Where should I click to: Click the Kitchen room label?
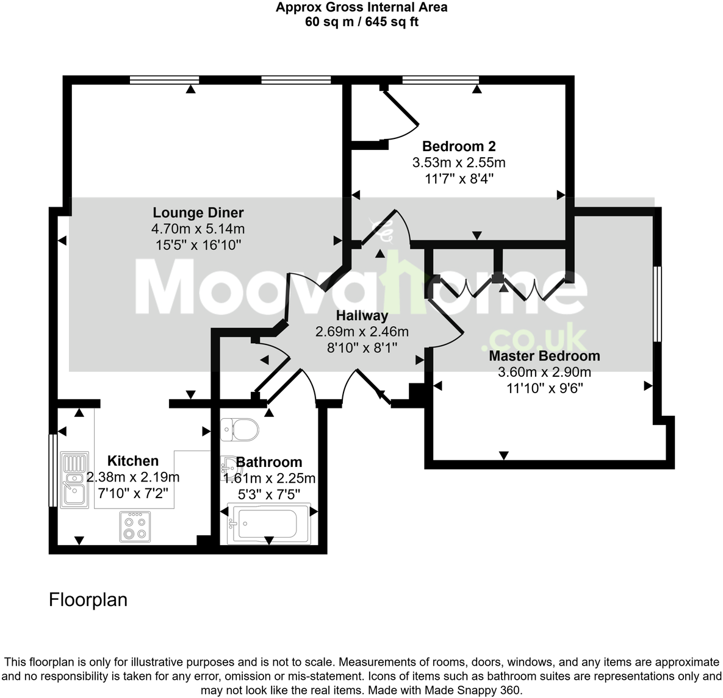pyautogui.click(x=133, y=461)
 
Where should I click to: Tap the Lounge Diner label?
pyautogui.click(x=198, y=213)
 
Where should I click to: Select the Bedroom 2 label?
pyautogui.click(x=459, y=146)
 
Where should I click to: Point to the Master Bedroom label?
pyautogui.click(x=544, y=356)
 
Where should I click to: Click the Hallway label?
pyautogui.click(x=362, y=316)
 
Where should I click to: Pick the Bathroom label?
pyautogui.click(x=269, y=462)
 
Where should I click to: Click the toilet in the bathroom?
pyautogui.click(x=239, y=430)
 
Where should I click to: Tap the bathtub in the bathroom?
pyautogui.click(x=268, y=522)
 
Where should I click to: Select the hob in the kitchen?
pyautogui.click(x=135, y=526)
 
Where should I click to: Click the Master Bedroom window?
pyautogui.click(x=657, y=303)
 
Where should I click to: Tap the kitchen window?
pyautogui.click(x=53, y=469)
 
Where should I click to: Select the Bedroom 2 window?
pyautogui.click(x=440, y=79)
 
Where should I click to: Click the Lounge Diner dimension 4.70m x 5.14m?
pyautogui.click(x=198, y=229)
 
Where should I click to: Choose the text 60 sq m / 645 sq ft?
pyautogui.click(x=361, y=22)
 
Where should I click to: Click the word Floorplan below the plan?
pyautogui.click(x=88, y=600)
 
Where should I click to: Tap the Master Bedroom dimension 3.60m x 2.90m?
pyautogui.click(x=544, y=372)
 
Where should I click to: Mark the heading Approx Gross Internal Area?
pyautogui.click(x=361, y=7)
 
